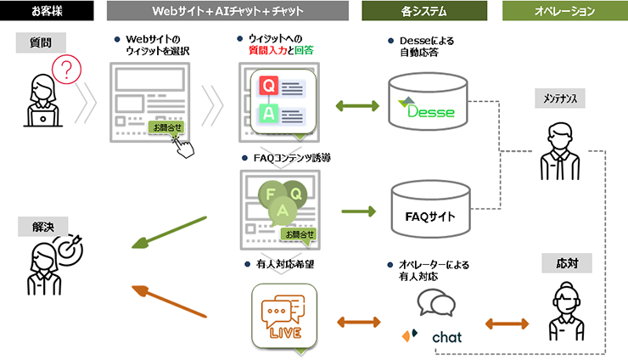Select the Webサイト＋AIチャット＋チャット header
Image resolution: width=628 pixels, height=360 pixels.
pyautogui.click(x=227, y=12)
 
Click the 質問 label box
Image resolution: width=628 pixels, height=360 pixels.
pyautogui.click(x=40, y=45)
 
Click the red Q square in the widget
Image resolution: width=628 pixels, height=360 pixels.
pyautogui.click(x=268, y=86)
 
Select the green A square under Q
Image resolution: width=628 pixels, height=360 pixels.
pyautogui.click(x=268, y=114)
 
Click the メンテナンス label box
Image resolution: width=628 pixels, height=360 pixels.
pyautogui.click(x=559, y=98)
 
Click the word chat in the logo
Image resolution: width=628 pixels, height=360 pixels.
pyautogui.click(x=446, y=337)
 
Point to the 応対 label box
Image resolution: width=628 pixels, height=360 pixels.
pyautogui.click(x=566, y=263)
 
